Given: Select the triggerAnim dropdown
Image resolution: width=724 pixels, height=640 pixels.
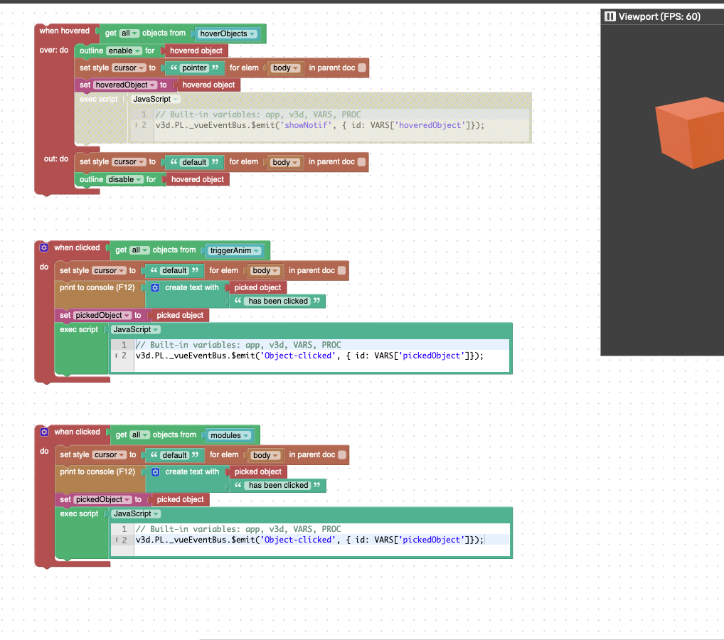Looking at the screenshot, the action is [235, 251].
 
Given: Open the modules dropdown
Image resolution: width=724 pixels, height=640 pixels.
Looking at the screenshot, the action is [230, 435].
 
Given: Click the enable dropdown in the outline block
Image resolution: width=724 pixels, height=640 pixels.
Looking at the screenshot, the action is [124, 50].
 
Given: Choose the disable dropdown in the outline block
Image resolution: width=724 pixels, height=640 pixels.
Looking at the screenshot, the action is [124, 180].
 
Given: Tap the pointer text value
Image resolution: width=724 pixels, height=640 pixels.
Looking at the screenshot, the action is [194, 68].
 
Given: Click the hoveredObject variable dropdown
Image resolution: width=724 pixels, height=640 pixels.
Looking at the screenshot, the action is [126, 85].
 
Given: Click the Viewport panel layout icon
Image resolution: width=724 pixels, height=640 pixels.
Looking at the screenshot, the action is [610, 16].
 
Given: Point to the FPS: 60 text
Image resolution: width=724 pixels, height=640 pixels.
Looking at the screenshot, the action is [680, 16].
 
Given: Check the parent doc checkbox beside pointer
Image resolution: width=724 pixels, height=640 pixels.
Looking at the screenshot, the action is [362, 68].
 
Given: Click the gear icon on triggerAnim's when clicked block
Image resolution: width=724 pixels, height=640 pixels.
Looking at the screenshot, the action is [44, 247].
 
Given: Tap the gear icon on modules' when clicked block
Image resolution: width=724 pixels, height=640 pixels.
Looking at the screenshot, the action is [44, 432].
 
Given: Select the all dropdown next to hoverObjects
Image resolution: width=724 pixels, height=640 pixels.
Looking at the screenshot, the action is [129, 33].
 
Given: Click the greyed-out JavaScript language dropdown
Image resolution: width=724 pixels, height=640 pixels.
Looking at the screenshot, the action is [155, 100].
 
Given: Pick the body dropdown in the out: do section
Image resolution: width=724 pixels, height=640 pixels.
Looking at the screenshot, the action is [285, 162].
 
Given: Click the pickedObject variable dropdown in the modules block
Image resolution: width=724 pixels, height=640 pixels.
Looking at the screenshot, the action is [103, 500].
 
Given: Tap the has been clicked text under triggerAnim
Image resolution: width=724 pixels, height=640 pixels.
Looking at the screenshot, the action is [278, 301].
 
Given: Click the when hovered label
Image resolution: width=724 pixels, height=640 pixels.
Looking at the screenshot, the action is [65, 31].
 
